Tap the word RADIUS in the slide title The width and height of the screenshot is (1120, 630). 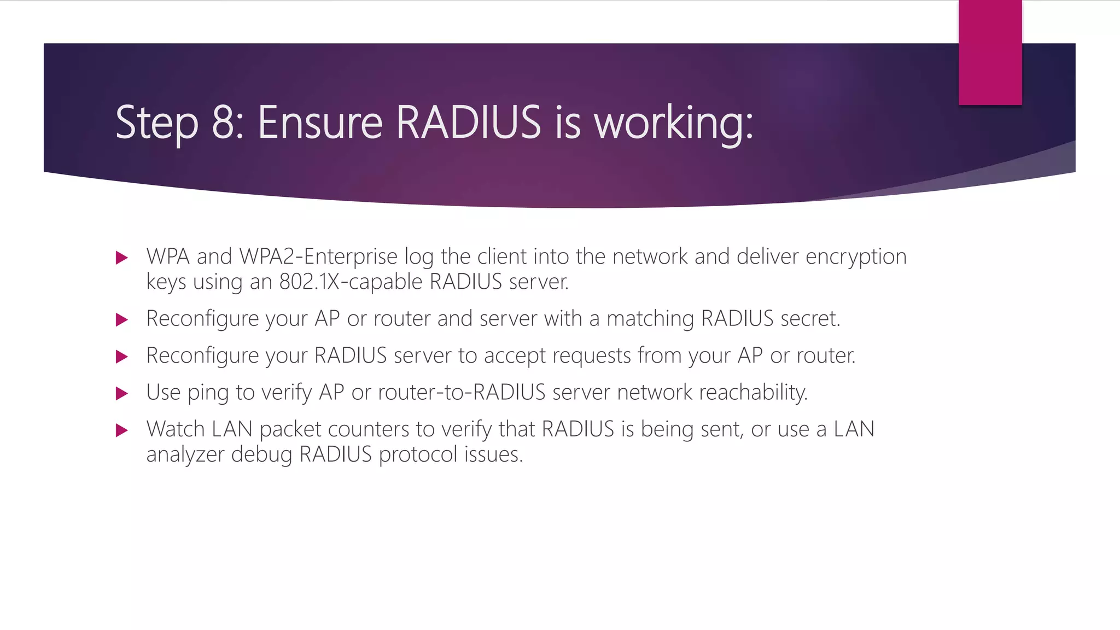[x=468, y=122]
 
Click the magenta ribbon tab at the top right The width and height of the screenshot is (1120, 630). [x=990, y=52]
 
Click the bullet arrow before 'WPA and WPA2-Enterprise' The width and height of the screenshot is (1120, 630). [x=122, y=258]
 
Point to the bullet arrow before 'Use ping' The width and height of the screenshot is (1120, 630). [x=122, y=393]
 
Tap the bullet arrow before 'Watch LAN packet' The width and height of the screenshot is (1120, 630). [x=122, y=430]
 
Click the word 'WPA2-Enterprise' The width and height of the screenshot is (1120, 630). [x=318, y=256]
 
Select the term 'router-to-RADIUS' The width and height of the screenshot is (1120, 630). [x=462, y=393]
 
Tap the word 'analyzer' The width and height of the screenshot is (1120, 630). [x=185, y=455]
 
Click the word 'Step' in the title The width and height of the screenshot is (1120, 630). [x=157, y=123]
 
